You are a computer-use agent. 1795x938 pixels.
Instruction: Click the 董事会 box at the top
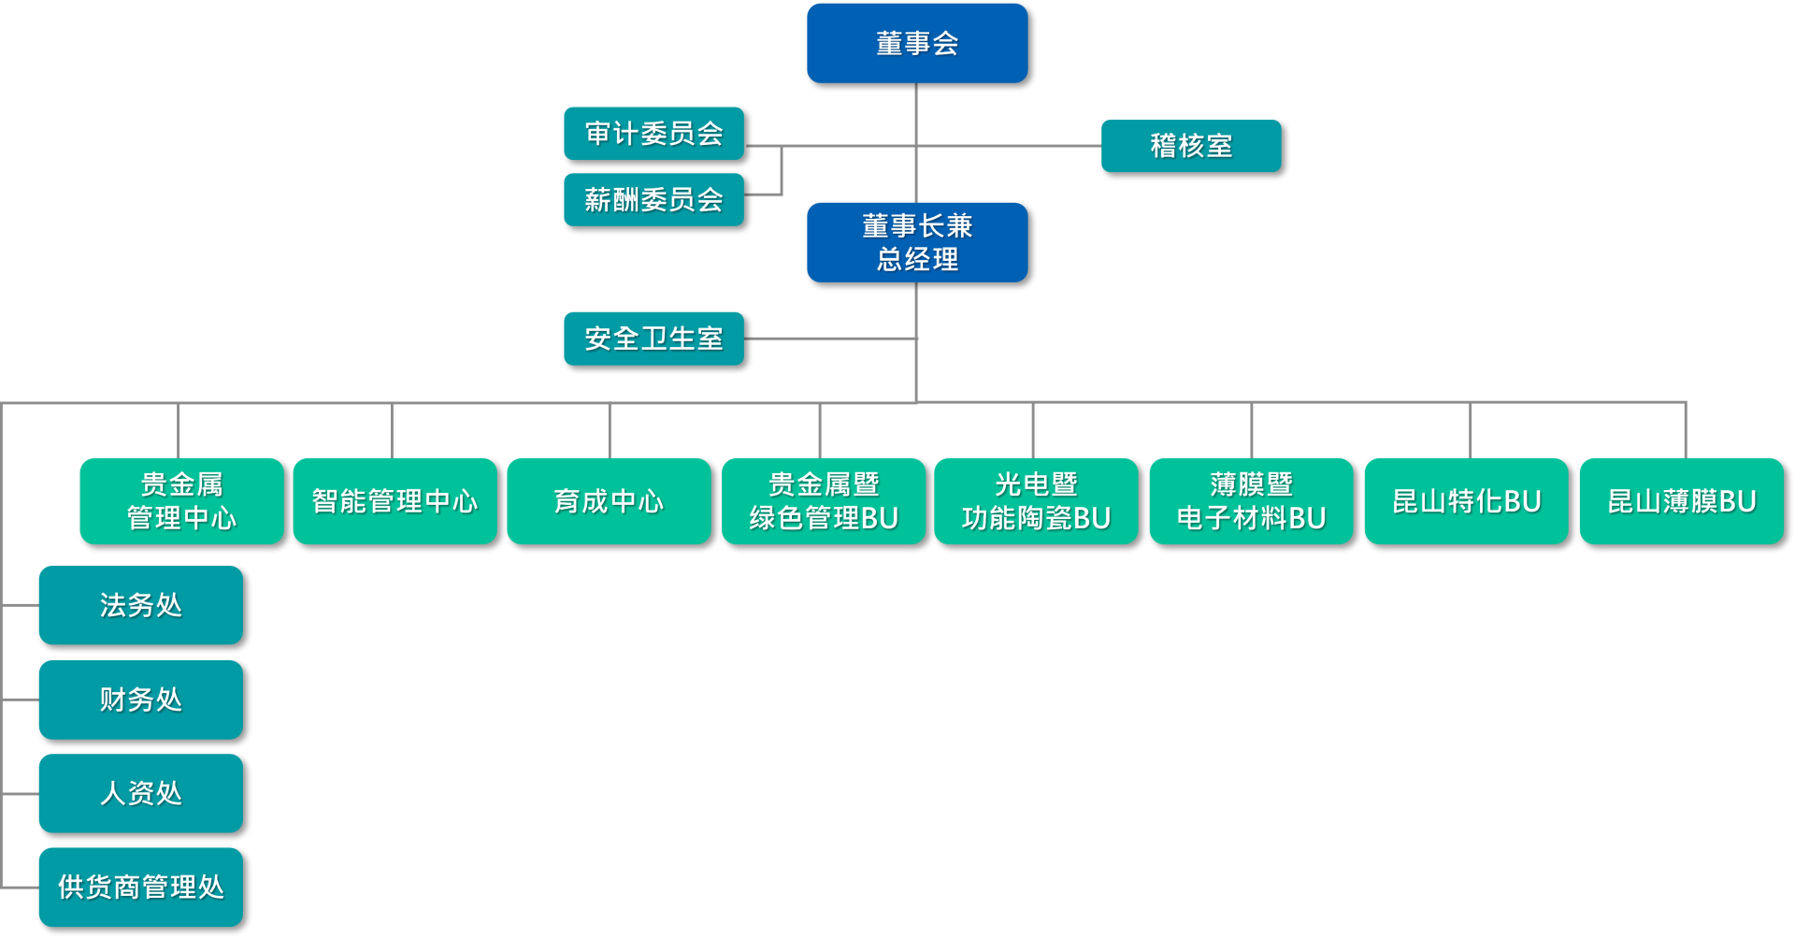point(917,43)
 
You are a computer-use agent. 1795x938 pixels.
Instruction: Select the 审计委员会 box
point(653,134)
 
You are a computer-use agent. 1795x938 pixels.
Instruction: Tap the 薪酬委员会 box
point(653,199)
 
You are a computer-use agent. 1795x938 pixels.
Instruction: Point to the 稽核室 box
point(1191,146)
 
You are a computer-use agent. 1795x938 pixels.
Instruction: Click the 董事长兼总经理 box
point(917,242)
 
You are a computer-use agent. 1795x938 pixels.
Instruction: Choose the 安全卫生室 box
point(653,339)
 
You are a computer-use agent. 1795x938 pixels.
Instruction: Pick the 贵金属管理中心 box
point(181,501)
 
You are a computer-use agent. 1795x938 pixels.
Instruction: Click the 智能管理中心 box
point(395,501)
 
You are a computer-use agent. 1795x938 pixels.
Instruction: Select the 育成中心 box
point(609,501)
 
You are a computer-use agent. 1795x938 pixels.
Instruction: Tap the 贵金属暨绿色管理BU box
point(824,501)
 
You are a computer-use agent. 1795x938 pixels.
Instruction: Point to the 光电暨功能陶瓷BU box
point(1036,501)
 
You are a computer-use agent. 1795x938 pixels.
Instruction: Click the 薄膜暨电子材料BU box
point(1251,501)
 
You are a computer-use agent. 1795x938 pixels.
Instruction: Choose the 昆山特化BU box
point(1466,501)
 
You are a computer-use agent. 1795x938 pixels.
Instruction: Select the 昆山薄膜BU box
point(1681,501)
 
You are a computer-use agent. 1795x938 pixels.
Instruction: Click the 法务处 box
point(140,605)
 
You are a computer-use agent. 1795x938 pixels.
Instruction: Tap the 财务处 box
point(140,700)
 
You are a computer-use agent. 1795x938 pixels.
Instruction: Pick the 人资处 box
point(140,793)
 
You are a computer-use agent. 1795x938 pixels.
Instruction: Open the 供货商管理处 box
point(140,887)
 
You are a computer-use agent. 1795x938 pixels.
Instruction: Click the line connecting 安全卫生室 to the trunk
point(830,339)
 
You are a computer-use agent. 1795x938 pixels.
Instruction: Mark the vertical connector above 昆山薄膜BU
point(1686,430)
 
